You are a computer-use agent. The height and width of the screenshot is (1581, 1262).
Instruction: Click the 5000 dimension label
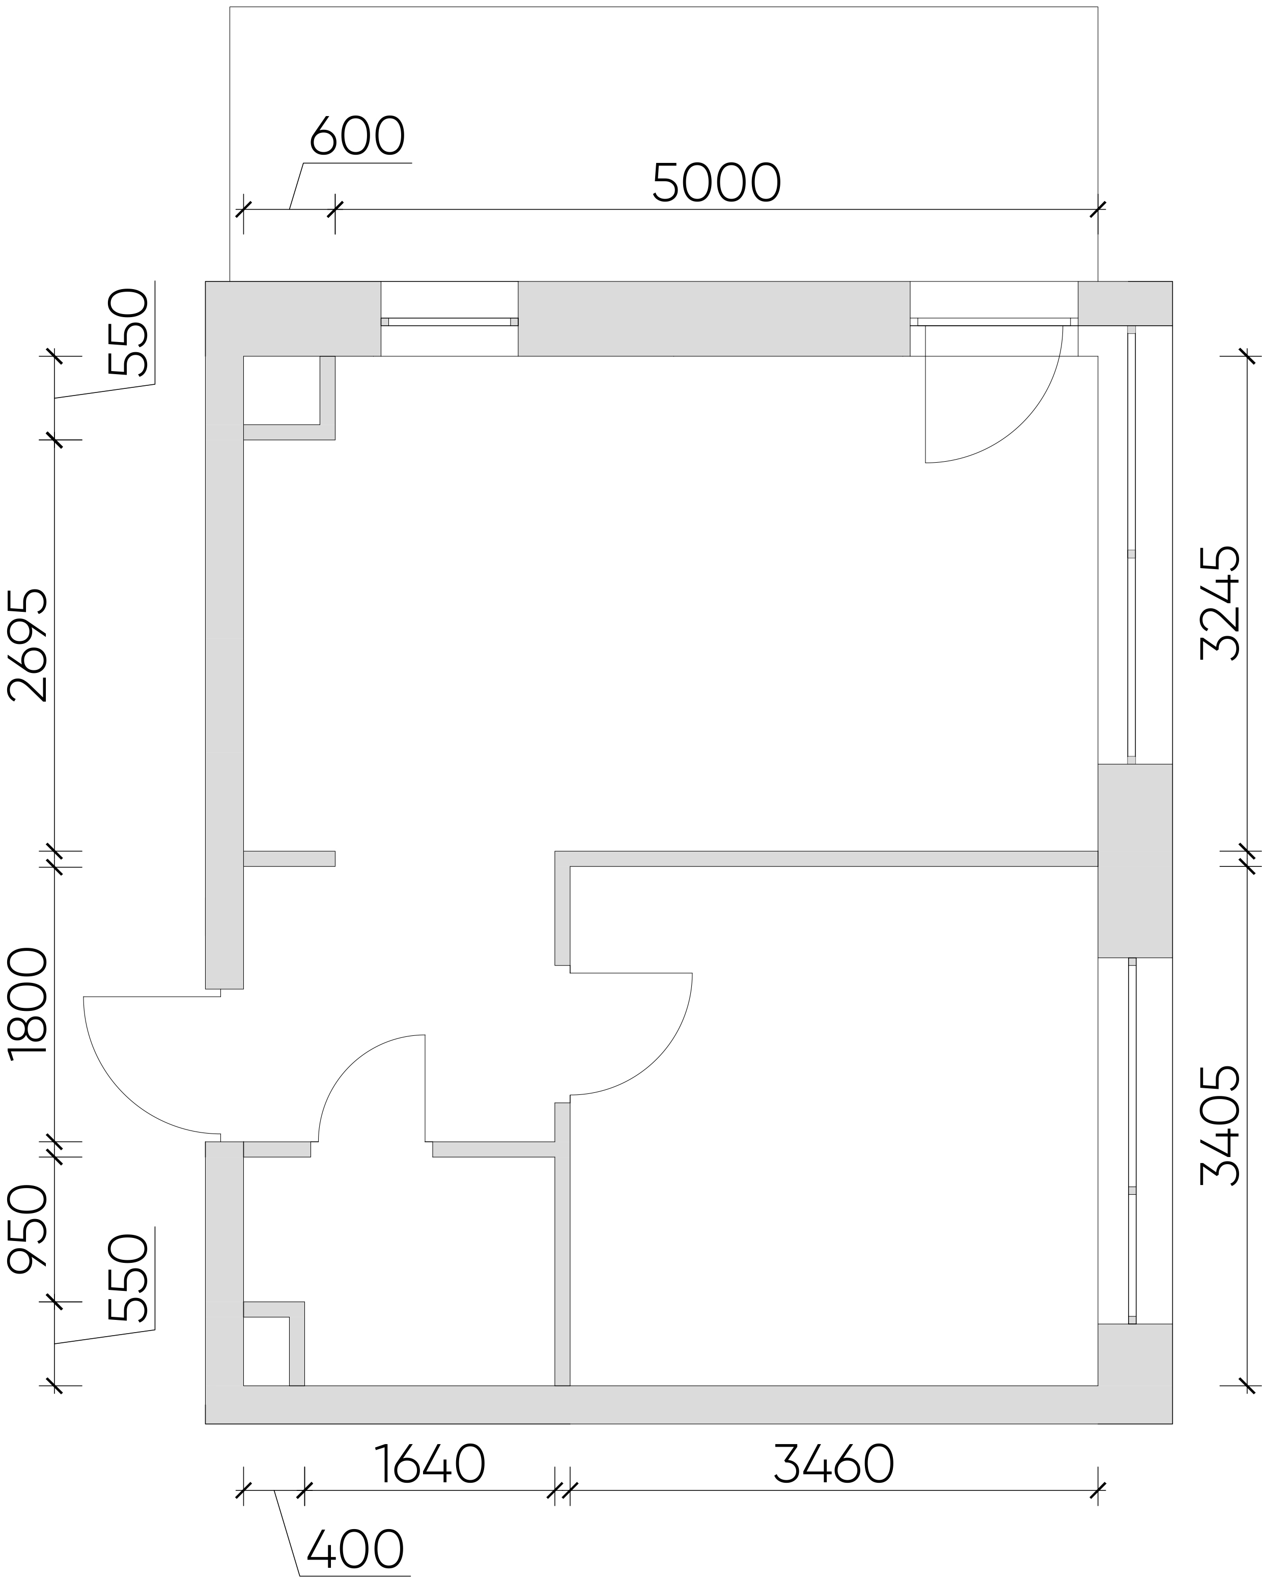[x=716, y=183]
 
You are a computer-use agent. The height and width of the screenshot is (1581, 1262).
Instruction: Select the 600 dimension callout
[x=356, y=136]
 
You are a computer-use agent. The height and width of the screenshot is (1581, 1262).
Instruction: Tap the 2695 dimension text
[x=28, y=644]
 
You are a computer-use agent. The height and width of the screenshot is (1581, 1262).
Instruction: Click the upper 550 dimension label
[x=128, y=331]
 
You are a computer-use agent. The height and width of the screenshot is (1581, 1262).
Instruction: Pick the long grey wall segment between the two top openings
[x=714, y=318]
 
